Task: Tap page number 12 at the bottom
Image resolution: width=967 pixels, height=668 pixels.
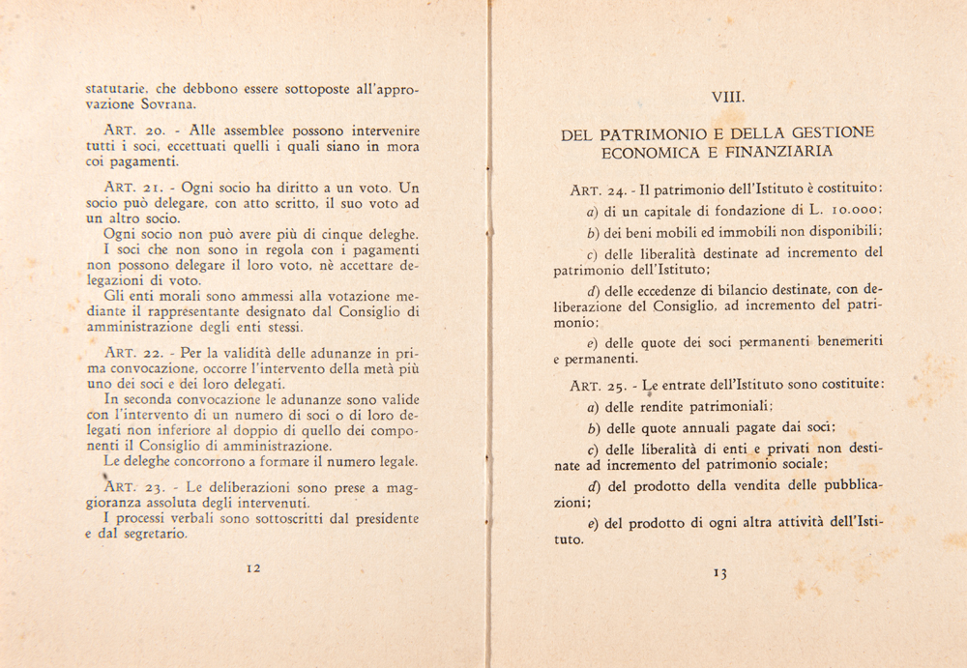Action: point(253,568)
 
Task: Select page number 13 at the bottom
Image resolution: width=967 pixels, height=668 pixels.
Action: point(719,572)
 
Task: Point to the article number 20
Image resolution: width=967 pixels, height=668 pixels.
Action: point(157,129)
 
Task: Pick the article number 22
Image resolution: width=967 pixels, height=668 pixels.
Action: point(157,351)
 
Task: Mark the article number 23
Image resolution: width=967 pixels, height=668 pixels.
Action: point(156,487)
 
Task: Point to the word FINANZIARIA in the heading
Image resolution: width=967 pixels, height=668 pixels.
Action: point(780,152)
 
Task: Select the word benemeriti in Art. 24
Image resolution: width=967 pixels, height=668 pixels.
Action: point(834,341)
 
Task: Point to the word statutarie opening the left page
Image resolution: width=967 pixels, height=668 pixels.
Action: point(115,89)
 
